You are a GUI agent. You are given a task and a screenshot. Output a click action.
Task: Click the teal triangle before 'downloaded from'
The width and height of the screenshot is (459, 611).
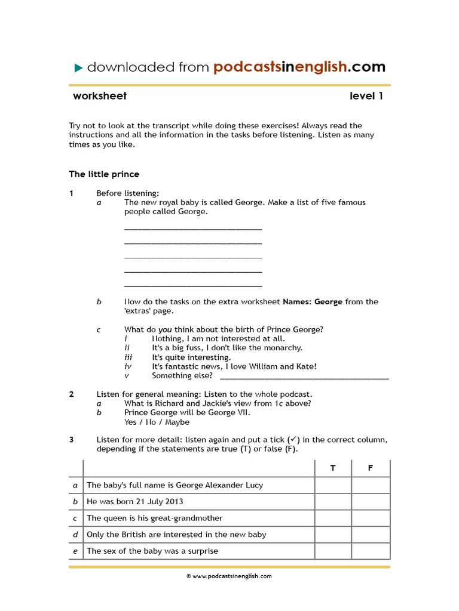tap(78, 68)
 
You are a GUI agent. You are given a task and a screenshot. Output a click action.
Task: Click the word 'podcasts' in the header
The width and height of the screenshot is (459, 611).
tap(247, 67)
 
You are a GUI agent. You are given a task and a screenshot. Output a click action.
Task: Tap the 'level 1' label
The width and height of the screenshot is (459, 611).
tap(366, 96)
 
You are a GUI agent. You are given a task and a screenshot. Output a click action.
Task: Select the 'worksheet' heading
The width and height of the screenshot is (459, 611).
tap(100, 96)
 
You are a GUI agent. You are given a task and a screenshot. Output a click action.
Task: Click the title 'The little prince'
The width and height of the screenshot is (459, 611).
tap(104, 174)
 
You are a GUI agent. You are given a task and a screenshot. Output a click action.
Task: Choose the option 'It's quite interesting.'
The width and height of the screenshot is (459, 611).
tap(191, 357)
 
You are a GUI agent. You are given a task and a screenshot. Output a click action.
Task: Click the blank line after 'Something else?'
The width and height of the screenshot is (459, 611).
tap(304, 377)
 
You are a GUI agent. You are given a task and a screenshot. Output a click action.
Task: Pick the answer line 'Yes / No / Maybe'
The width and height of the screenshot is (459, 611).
tap(157, 422)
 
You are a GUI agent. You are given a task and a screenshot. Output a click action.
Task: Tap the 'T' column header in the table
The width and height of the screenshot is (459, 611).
tap(333, 468)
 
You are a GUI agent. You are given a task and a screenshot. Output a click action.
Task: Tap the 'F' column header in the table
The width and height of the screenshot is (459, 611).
tap(371, 468)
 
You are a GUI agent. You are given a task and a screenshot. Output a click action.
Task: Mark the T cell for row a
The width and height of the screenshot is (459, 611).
tap(333, 485)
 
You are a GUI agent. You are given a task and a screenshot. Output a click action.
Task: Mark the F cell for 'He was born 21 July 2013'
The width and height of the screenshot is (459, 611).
tap(371, 502)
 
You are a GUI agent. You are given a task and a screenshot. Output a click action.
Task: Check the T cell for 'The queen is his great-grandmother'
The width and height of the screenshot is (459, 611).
tap(333, 518)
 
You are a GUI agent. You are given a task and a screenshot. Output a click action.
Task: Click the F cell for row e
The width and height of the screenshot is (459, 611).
tap(371, 551)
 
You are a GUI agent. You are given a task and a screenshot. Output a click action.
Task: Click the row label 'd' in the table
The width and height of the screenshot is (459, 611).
tap(75, 535)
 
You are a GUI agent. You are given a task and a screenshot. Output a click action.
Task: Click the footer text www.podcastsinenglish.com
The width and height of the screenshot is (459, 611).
tap(229, 576)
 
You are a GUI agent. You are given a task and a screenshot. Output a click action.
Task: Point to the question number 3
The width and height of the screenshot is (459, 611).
tap(71, 440)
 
